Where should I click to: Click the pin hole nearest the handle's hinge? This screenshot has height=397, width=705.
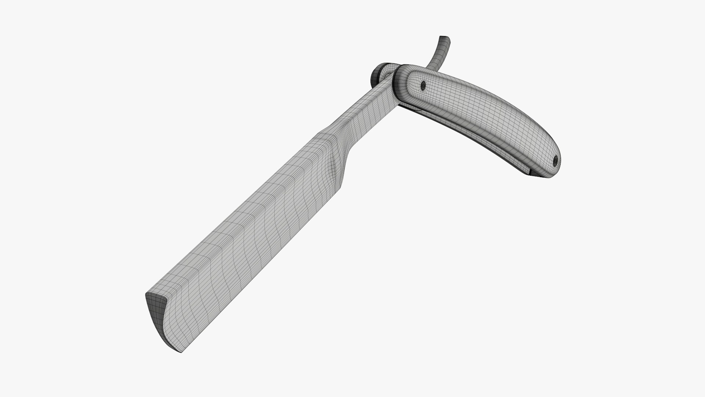(423, 86)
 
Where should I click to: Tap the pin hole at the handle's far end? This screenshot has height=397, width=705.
(555, 160)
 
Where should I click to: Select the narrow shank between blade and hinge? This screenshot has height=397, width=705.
(367, 107)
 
